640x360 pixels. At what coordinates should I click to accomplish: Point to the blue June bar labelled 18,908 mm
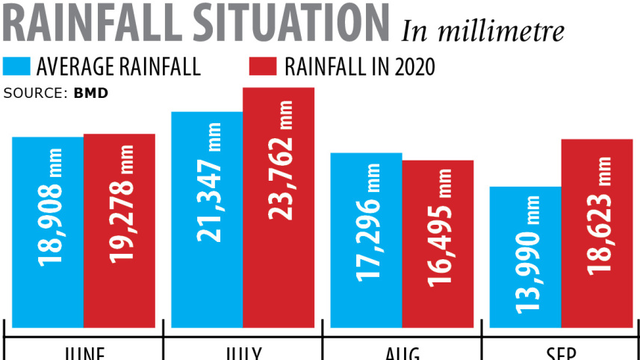pos(48,232)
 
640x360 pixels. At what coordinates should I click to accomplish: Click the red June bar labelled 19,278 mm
pos(119,231)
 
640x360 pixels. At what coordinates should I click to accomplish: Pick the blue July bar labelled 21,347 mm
pos(207,220)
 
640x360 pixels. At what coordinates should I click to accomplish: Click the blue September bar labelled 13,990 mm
pos(525,257)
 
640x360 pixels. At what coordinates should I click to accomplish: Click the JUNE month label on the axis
pos(84,353)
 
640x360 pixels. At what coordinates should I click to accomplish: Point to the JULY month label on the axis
pos(243,353)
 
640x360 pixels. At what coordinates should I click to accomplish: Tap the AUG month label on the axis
pos(402,353)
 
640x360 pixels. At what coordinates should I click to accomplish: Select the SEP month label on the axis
pos(561,353)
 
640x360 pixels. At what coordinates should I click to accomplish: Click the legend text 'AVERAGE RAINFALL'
pos(119,66)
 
